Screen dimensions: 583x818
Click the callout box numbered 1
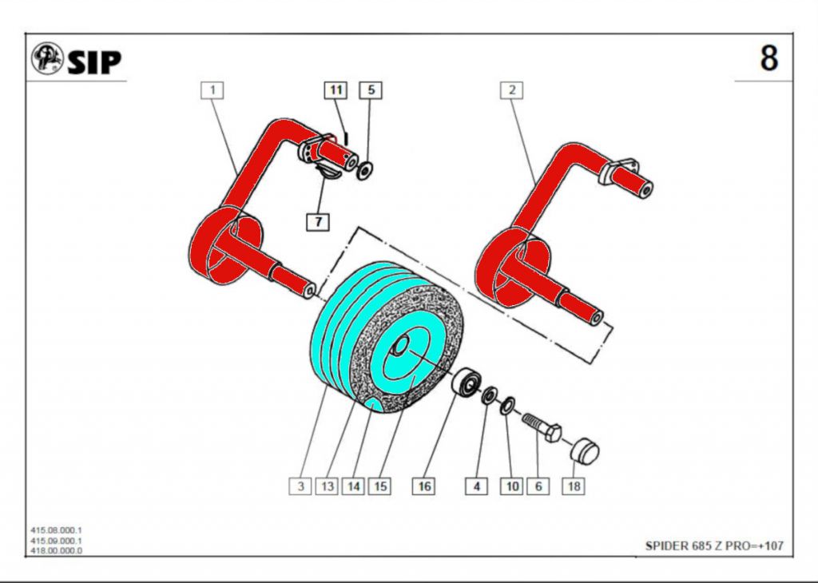(212, 90)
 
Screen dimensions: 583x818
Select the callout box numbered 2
(511, 90)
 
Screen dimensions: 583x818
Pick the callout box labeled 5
(370, 90)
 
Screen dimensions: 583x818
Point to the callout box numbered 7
(319, 222)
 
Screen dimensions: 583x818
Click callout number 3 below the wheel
(300, 486)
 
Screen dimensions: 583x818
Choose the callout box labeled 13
(327, 486)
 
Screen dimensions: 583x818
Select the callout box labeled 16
(424, 486)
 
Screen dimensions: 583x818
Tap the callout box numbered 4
(476, 486)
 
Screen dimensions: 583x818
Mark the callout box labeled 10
(512, 486)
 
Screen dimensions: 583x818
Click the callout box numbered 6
(538, 486)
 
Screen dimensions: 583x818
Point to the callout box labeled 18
(573, 486)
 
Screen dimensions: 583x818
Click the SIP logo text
(93, 61)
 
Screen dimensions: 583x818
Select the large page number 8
(768, 58)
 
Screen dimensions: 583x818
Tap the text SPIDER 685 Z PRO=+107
(714, 546)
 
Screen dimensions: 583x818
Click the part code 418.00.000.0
(57, 550)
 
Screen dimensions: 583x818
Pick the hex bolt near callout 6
(542, 427)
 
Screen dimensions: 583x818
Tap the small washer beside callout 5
(366, 169)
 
